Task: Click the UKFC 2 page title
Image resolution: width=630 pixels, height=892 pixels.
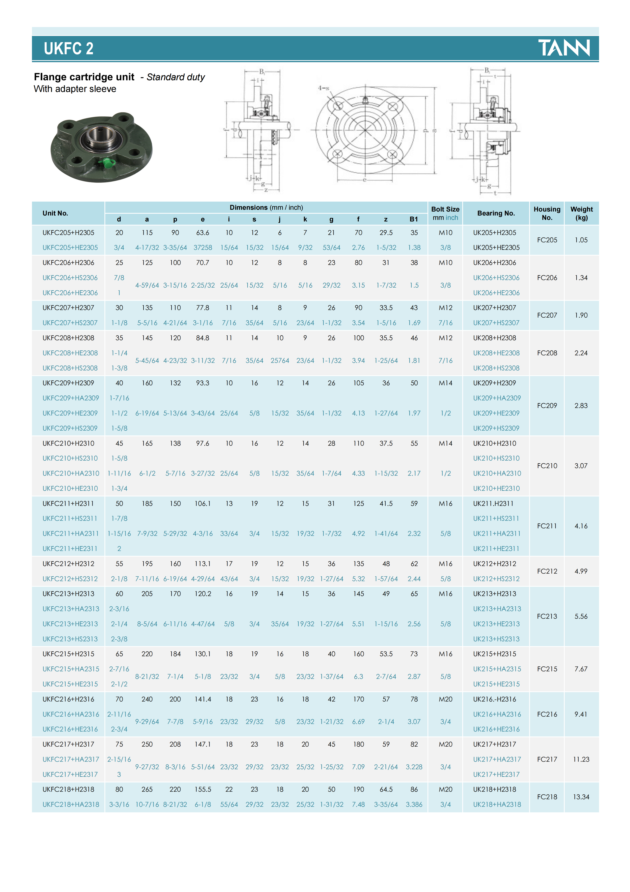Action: [69, 49]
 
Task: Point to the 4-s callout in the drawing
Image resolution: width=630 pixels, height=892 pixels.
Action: [323, 88]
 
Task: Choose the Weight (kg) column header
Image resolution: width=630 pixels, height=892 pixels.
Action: [581, 213]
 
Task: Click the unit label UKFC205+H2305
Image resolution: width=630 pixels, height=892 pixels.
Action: [68, 233]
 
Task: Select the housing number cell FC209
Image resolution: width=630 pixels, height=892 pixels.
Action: [547, 406]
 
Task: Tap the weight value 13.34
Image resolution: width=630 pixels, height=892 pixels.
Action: [581, 797]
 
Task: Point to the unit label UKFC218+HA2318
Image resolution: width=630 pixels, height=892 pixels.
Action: [71, 805]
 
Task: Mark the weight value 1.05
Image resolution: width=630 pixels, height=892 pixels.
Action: [581, 240]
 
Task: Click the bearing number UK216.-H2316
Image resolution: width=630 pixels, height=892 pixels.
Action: [494, 699]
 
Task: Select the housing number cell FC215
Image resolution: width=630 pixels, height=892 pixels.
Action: [547, 669]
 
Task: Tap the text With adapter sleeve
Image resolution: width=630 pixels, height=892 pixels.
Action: [75, 89]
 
